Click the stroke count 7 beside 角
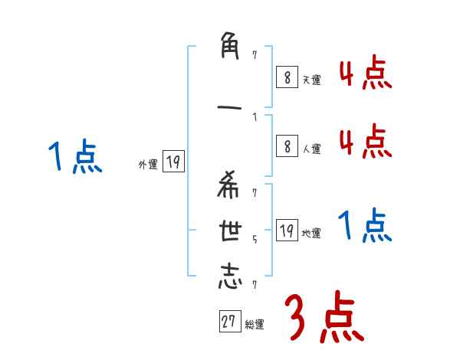coord(255,55)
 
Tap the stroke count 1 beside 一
coord(255,117)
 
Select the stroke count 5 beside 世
coord(255,238)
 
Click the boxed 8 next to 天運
coord(287,77)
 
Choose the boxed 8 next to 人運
coord(287,147)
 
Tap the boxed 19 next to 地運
coord(287,231)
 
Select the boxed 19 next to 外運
coord(173,162)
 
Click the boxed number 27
coord(229,322)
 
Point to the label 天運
coord(311,80)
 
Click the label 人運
coord(311,149)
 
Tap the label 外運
coord(148,164)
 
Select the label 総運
coord(255,324)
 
